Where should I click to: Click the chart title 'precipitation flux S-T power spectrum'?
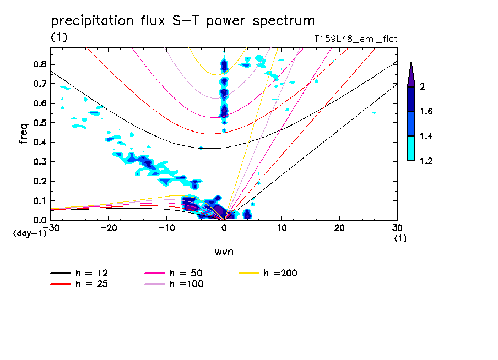point(182,21)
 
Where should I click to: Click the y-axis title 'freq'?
point(24,134)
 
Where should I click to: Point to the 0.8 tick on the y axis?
point(39,64)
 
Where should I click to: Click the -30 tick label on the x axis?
point(51,227)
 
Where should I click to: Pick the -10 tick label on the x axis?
point(166,227)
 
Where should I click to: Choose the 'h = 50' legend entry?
point(186,273)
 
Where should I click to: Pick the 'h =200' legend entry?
point(280,273)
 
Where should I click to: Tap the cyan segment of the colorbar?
point(411,148)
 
